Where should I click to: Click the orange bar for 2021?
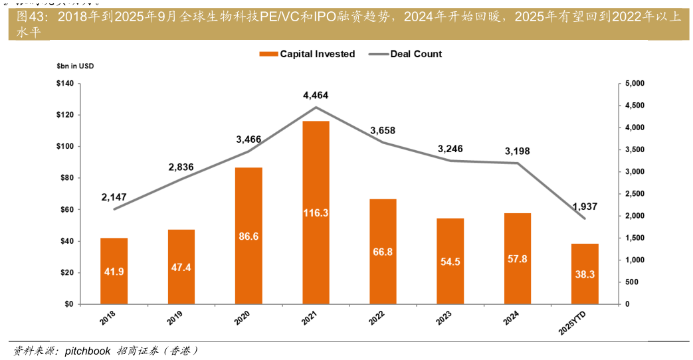(x=316, y=213)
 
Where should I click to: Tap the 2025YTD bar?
(x=585, y=274)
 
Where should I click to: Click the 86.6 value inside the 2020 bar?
(x=248, y=236)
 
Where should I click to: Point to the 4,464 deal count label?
(x=316, y=96)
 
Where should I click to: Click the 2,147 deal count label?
(x=114, y=197)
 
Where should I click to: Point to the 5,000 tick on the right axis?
(x=635, y=84)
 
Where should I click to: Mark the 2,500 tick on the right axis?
(x=635, y=194)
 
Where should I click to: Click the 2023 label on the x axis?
(x=444, y=320)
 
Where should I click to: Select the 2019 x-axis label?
(x=175, y=320)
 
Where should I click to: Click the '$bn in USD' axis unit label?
(x=75, y=66)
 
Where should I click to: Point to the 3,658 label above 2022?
(x=383, y=131)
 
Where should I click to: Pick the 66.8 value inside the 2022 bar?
(x=383, y=252)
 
